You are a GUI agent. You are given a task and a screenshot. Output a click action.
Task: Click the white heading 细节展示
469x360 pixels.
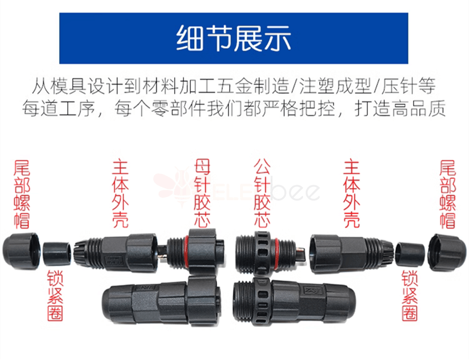tap(234, 38)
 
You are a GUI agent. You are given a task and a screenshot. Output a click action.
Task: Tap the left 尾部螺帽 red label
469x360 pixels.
tap(22, 195)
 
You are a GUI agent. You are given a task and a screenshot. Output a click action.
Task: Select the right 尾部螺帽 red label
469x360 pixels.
tap(447, 195)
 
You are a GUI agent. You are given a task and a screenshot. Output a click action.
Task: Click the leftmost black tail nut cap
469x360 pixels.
tap(21, 251)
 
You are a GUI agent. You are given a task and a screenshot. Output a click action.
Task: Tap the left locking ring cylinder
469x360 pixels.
tap(57, 254)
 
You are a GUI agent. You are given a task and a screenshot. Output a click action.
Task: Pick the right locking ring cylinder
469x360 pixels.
tap(410, 254)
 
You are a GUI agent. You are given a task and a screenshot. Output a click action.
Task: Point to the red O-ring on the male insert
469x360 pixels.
tap(277, 252)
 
